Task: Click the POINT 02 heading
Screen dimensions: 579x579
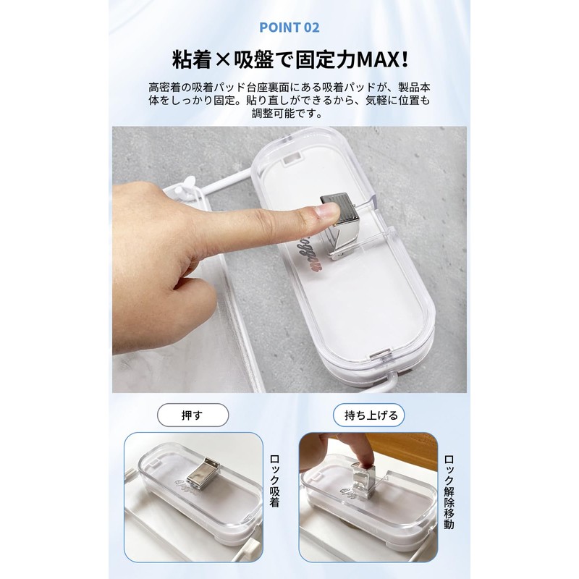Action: tap(289, 28)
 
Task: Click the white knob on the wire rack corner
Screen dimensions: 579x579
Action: tap(185, 183)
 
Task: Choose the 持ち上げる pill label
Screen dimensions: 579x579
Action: tap(369, 416)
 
